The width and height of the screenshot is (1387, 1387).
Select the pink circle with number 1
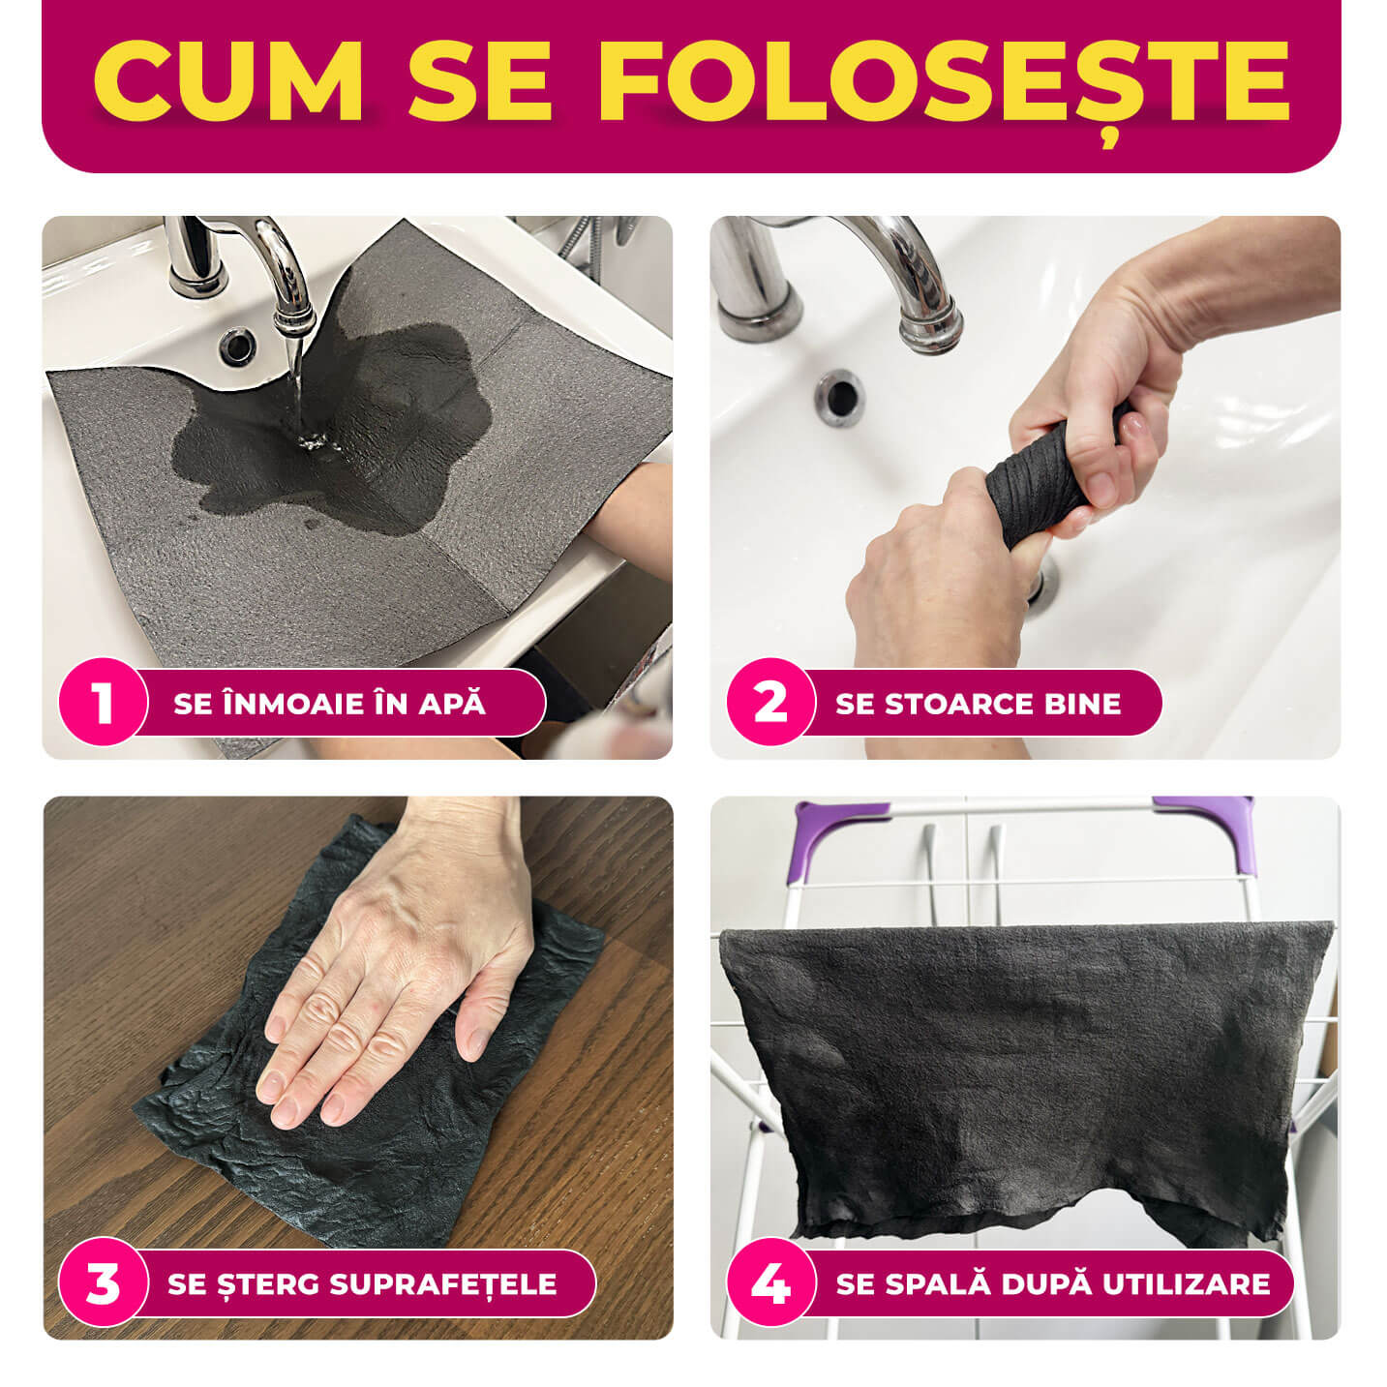click(103, 702)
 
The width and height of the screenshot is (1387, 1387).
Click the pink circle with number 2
click(770, 702)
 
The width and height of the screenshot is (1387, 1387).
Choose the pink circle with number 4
click(770, 1283)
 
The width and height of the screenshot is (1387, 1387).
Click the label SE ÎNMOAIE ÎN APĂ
click(329, 703)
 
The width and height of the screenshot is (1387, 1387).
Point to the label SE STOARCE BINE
click(978, 703)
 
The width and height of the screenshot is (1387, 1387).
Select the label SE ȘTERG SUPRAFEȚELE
click(362, 1283)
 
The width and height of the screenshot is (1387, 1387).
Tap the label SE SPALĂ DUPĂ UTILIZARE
click(1052, 1283)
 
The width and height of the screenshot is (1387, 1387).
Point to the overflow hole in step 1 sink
click(235, 345)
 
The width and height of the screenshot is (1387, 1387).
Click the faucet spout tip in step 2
click(929, 329)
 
